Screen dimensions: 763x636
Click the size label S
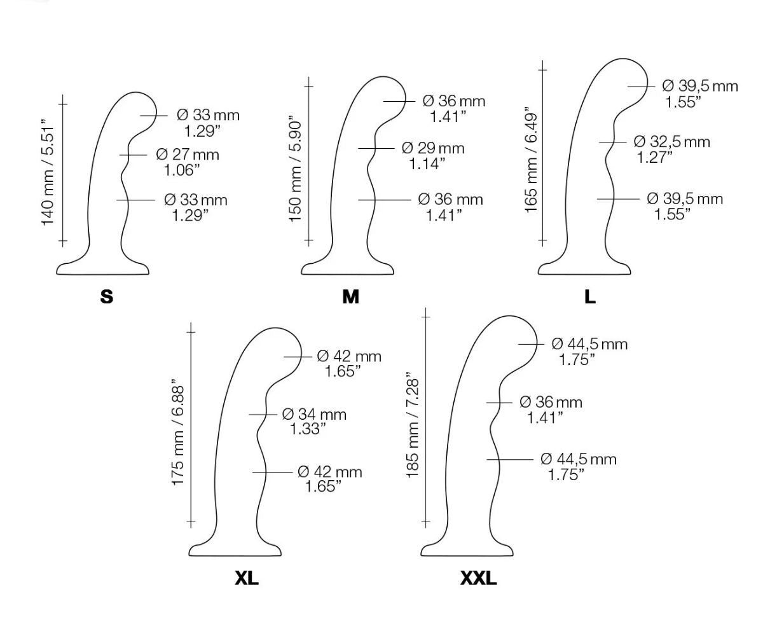(106, 297)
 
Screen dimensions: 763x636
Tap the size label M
(350, 297)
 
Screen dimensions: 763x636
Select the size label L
(590, 297)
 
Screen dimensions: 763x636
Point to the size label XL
(247, 578)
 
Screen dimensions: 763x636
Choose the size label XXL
(478, 578)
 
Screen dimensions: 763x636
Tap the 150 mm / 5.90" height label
(294, 169)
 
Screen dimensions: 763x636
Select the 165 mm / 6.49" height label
(531, 160)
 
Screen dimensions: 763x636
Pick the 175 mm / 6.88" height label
(177, 431)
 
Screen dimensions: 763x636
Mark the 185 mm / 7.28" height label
(412, 425)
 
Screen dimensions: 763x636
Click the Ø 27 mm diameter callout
(188, 155)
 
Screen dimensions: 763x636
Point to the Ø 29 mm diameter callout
(433, 148)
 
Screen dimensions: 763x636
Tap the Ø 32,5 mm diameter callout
(671, 141)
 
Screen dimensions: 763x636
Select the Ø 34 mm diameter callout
(314, 414)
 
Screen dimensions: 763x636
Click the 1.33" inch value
(308, 429)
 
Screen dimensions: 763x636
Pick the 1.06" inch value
(182, 170)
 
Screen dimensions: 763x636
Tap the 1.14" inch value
(427, 163)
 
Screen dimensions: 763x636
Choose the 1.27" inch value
(654, 157)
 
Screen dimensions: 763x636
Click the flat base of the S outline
(102, 273)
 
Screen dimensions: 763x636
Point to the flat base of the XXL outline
(467, 556)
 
